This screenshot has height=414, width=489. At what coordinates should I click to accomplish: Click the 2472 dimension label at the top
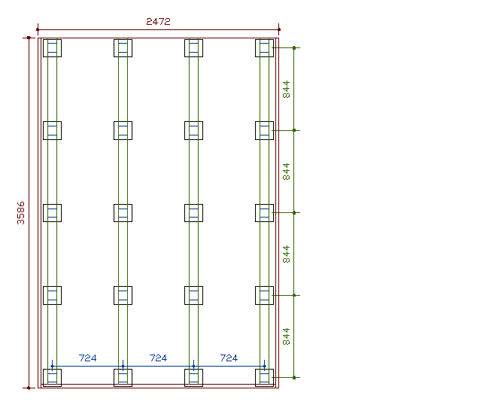coord(158,22)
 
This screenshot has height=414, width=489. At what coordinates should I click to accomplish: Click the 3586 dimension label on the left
coord(21,212)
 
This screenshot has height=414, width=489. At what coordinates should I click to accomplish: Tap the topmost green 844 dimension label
coord(286,89)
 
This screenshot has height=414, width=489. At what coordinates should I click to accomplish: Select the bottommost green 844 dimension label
coord(286,336)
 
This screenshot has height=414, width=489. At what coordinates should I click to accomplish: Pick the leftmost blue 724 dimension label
coord(87,358)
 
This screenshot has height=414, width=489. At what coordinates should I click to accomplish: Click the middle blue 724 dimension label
coord(158,358)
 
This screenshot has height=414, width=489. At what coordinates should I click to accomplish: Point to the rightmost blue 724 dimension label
coord(229,358)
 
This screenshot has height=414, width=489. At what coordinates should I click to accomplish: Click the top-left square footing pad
coord(52,48)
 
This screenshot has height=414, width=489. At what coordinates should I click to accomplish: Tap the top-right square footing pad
coord(264,48)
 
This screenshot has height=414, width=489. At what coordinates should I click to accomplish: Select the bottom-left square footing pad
coord(52,377)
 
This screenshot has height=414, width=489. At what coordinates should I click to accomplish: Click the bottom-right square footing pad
coord(264,377)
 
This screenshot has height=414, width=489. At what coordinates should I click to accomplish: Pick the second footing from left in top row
coord(123,48)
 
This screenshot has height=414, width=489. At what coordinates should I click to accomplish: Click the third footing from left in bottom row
coord(193,377)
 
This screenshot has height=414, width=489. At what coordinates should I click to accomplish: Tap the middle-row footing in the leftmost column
coord(52,212)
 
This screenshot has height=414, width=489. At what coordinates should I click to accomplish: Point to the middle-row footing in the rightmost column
coord(264,212)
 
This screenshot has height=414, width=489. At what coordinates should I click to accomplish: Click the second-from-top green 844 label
coord(286,172)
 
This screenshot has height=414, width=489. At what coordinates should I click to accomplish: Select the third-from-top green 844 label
coord(286,254)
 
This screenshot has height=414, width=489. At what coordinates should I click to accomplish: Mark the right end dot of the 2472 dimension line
coord(278,30)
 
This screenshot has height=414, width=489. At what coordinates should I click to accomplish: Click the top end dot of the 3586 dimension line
coord(29,37)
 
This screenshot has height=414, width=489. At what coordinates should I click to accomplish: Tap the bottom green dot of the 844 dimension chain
coord(294,377)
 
